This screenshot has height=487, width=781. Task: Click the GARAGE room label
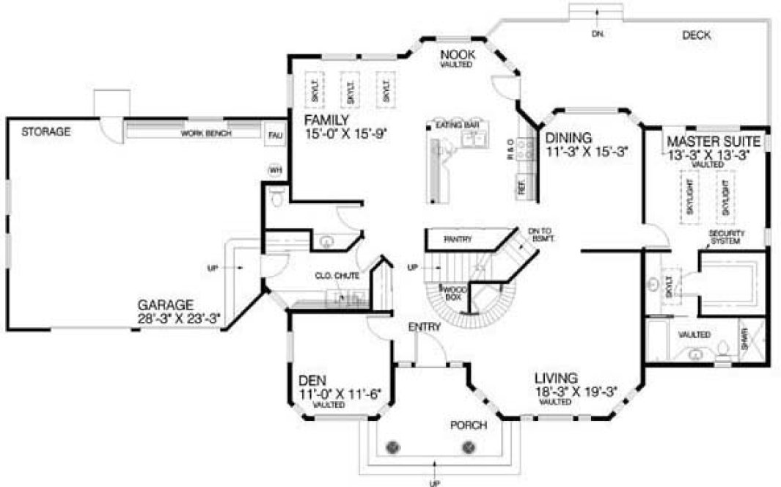click(x=165, y=304)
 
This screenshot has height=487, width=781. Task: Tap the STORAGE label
click(x=45, y=132)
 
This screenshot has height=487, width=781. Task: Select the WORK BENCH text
click(x=206, y=134)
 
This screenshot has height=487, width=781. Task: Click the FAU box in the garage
click(x=275, y=135)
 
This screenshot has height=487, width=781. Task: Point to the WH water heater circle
click(x=276, y=170)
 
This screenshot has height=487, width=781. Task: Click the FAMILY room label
click(x=328, y=120)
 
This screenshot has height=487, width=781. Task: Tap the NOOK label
click(x=458, y=55)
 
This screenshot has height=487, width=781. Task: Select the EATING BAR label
click(x=454, y=125)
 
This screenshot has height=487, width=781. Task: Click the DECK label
click(x=696, y=34)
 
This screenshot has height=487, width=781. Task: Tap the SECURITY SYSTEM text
click(x=727, y=237)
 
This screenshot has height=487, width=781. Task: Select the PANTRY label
click(x=457, y=239)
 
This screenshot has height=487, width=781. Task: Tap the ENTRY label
click(x=424, y=327)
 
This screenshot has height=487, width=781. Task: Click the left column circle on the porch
click(x=394, y=447)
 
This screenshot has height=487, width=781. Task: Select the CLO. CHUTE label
click(x=337, y=276)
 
